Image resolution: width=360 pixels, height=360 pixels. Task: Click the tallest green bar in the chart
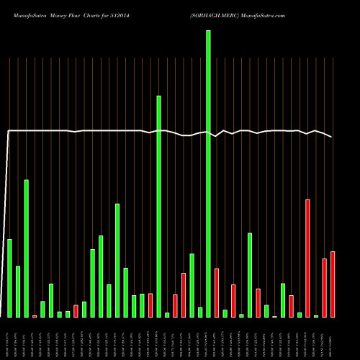pos(208,173)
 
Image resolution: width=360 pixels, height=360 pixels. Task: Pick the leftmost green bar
pos(9,278)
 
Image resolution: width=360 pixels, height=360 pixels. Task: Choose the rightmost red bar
pos(333,284)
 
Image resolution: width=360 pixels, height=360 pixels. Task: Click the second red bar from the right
pos(324,287)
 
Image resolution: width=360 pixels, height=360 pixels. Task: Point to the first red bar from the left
pos(35,316)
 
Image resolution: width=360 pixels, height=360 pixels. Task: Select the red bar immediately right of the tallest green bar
pos(217,292)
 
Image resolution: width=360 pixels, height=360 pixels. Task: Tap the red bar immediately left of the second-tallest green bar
pos(150,305)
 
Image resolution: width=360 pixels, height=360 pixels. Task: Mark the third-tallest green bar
pos(26,248)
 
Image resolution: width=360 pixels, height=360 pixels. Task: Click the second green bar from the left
pos(18,292)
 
